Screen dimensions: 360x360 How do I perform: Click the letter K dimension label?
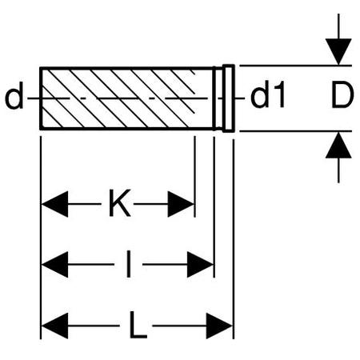[x=120, y=203]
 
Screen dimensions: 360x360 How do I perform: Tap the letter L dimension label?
[x=138, y=325]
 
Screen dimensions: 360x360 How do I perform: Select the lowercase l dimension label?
[x=129, y=264]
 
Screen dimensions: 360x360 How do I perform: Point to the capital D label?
[x=342, y=95]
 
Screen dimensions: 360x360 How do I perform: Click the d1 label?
[x=267, y=94]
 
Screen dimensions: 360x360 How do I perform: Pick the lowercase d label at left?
[x=14, y=95]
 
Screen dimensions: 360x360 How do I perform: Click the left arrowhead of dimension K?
[x=54, y=204]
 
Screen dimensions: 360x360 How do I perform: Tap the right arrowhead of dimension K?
[x=181, y=204]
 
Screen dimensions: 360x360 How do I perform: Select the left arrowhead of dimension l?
[x=54, y=265]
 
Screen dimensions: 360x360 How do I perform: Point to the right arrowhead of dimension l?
[x=200, y=265]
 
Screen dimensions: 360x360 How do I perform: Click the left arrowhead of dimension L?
[x=54, y=326]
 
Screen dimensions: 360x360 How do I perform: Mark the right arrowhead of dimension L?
[x=219, y=326]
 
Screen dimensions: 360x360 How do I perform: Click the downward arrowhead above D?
[x=338, y=51]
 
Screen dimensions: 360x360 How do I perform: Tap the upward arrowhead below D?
[x=338, y=145]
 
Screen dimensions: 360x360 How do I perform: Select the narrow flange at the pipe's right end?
[x=229, y=98]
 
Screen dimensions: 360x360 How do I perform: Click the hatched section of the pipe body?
[x=118, y=98]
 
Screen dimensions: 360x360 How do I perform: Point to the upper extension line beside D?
[x=296, y=66]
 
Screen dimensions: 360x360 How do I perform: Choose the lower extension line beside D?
[x=296, y=131]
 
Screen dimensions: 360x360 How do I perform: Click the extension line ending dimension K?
[x=195, y=177]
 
